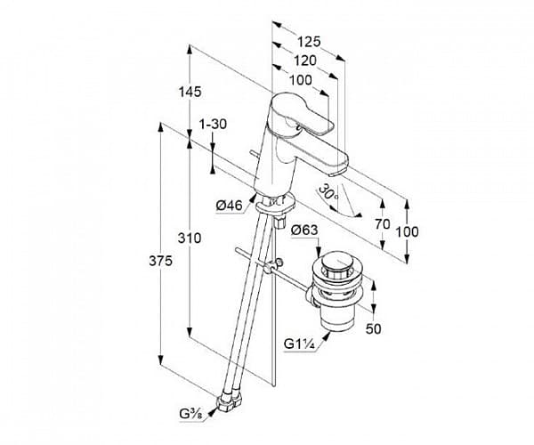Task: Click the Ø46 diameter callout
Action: (x=230, y=206)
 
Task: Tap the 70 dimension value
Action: (x=383, y=224)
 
